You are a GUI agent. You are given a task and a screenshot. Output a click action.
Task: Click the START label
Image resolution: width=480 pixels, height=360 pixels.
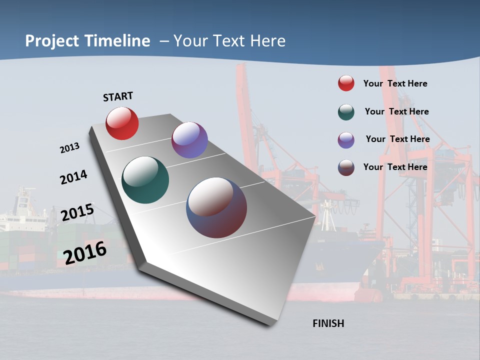click(118, 96)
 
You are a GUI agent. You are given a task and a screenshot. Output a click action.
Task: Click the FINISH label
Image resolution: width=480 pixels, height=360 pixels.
click(328, 323)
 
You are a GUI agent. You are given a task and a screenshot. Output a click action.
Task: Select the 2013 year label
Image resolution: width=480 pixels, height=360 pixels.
click(69, 148)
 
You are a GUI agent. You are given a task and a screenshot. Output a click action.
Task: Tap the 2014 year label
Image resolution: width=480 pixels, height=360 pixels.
click(73, 177)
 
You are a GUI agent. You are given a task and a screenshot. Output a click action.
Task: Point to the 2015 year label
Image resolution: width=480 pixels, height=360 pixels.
click(77, 212)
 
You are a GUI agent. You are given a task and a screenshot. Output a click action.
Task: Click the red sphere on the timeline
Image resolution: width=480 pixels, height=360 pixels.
click(122, 123)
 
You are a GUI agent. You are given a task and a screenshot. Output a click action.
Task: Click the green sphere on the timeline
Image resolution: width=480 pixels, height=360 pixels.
click(145, 180)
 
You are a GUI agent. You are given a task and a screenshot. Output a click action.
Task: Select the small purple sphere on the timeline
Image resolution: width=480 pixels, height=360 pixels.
click(189, 140)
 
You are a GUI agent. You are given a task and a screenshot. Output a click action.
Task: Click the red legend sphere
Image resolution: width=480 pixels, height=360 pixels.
click(346, 83)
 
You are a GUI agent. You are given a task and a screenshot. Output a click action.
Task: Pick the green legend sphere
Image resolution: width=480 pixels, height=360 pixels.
click(346, 111)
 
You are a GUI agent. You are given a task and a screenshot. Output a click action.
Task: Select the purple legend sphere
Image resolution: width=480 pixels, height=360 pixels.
click(346, 139)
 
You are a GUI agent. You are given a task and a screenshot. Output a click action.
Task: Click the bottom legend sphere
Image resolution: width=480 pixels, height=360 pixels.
click(346, 167)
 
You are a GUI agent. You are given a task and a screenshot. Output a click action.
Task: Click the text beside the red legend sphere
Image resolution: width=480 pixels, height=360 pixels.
click(395, 83)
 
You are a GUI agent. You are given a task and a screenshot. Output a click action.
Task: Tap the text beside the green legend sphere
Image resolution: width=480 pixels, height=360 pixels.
click(396, 111)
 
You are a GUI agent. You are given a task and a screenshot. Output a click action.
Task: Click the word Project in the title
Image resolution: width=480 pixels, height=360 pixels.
click(52, 41)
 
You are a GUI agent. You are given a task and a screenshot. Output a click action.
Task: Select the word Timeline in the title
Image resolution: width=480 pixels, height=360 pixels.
click(117, 41)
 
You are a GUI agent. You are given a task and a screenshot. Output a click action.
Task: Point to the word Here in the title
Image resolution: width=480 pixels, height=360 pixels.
click(267, 41)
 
